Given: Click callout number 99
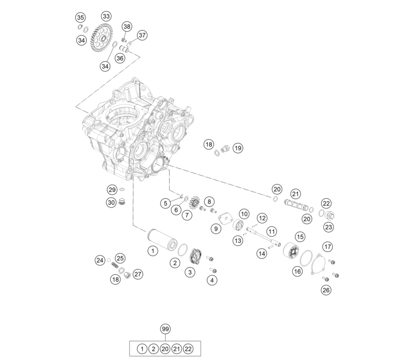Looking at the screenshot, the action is coord(165,329).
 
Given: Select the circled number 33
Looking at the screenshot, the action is coord(106,16).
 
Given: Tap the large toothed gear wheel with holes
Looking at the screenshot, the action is coord(102,38).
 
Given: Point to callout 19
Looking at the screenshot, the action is coord(238,148).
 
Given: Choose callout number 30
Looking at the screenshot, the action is coord(111,203).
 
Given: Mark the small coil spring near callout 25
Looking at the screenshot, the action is coord(115,265).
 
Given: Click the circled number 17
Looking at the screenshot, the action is coord(328,247).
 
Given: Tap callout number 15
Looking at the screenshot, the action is coord(300,236).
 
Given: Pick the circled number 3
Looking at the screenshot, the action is coord(190,272).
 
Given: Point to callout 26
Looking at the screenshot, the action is coord(326,290).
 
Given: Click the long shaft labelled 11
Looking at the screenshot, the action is coord(263,236).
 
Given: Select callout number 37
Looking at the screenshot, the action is coord(142,35).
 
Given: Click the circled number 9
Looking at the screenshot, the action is coord(216,228).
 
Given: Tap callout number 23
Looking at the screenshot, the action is coord(329,227).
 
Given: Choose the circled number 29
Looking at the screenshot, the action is coord(112,190).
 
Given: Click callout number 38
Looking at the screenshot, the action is coord(127,26).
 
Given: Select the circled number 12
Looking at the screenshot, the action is coord(262,218).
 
